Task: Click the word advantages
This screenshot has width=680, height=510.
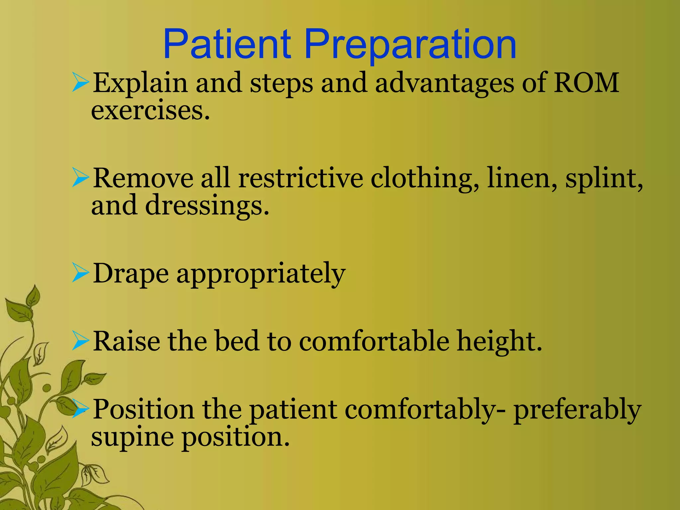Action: (x=444, y=83)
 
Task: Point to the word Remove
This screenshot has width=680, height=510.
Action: (x=143, y=178)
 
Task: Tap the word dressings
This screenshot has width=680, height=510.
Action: (x=207, y=206)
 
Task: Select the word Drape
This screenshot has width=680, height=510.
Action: (x=130, y=274)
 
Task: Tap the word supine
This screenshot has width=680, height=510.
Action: (x=132, y=438)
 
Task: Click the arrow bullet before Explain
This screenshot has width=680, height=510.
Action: (x=80, y=83)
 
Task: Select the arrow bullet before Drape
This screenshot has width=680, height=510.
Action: (x=80, y=274)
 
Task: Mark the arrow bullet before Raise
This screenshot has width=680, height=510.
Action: (x=80, y=341)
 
